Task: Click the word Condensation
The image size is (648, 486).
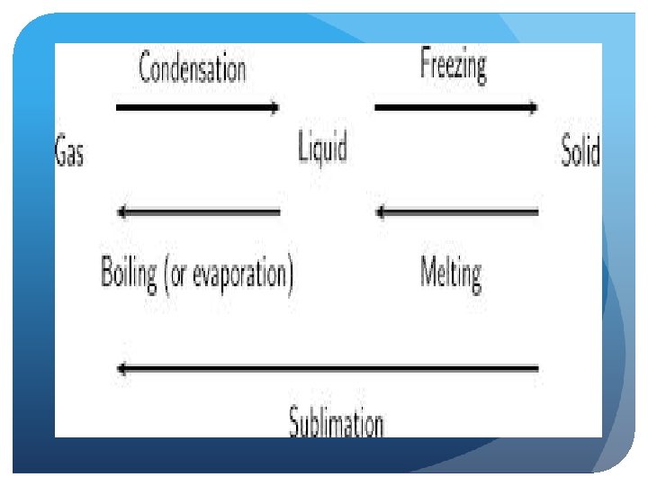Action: click(192, 69)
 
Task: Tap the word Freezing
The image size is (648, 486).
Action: click(453, 66)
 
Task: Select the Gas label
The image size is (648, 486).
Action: click(69, 150)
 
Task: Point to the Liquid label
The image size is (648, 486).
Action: click(322, 147)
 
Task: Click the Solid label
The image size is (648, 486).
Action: click(580, 149)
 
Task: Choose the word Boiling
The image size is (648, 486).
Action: click(129, 273)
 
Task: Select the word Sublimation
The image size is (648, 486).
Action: click(337, 422)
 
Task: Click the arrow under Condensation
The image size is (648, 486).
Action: click(198, 108)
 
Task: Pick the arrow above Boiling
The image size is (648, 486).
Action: click(198, 212)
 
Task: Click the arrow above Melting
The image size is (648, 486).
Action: click(456, 212)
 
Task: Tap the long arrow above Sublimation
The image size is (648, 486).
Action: click(328, 367)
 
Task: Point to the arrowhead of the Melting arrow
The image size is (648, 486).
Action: click(381, 212)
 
